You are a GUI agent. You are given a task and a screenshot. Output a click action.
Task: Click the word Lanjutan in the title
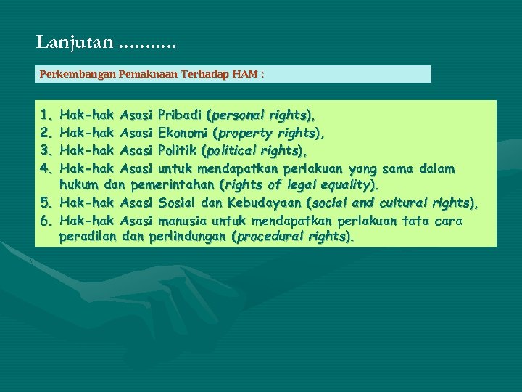tap(75, 43)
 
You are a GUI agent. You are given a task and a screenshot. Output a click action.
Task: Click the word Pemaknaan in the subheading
tap(138, 74)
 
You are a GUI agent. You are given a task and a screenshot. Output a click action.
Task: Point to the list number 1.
tap(46, 115)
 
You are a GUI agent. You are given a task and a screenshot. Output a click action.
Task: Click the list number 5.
tap(46, 203)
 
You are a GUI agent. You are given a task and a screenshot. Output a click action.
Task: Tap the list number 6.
tap(46, 220)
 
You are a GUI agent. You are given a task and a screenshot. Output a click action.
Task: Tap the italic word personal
tap(238, 115)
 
